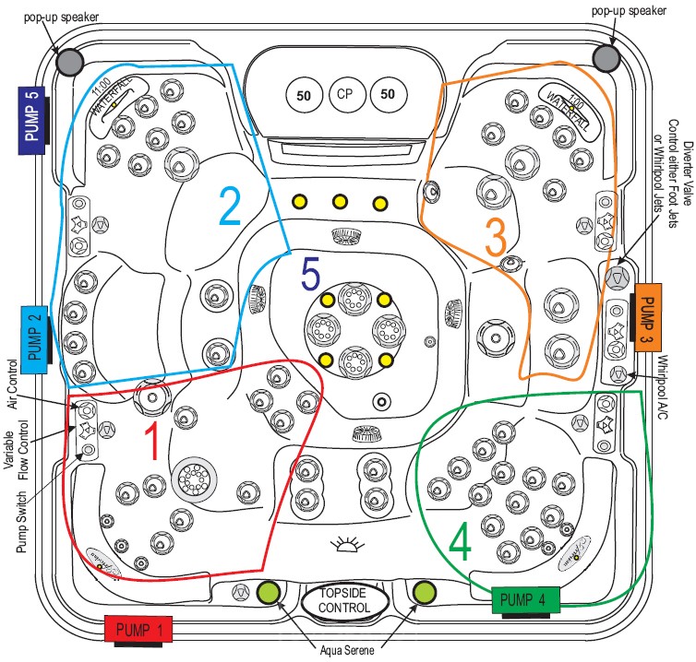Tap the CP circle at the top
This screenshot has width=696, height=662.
pyautogui.click(x=344, y=93)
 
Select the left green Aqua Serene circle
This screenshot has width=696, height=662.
pyautogui.click(x=269, y=592)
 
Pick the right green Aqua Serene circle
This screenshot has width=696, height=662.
pyautogui.click(x=426, y=591)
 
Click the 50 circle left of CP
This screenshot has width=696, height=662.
pyautogui.click(x=302, y=93)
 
